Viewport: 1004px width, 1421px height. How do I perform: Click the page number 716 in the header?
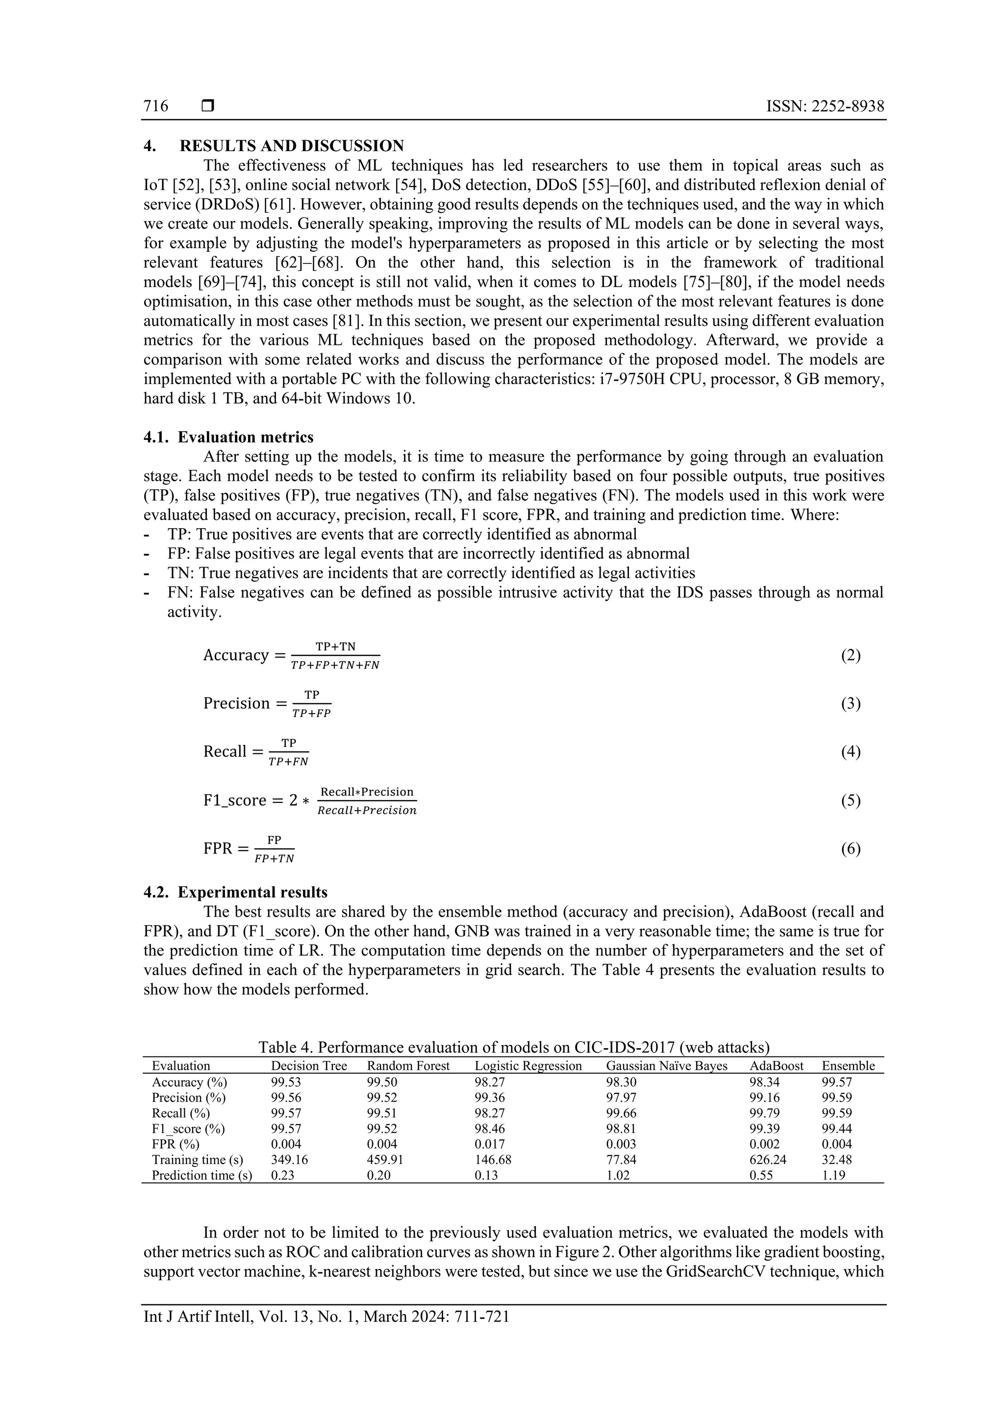pyautogui.click(x=155, y=106)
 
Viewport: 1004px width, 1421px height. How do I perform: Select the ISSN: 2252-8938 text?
pyautogui.click(x=825, y=106)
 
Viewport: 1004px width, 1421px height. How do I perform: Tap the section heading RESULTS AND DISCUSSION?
pyautogui.click(x=291, y=146)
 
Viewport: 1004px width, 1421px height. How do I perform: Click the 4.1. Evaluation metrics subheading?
pyautogui.click(x=228, y=438)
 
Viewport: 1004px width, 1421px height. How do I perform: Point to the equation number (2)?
pyautogui.click(x=851, y=655)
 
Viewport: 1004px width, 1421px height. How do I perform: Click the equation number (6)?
pyautogui.click(x=851, y=849)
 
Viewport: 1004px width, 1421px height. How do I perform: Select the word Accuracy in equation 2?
pyautogui.click(x=236, y=655)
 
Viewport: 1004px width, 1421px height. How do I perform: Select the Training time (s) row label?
pyautogui.click(x=198, y=1160)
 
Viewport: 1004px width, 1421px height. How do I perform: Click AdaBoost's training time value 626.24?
pyautogui.click(x=767, y=1160)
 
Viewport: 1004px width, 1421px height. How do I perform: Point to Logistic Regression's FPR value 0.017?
pyautogui.click(x=489, y=1144)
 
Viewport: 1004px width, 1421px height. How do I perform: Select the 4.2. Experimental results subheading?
pyautogui.click(x=235, y=892)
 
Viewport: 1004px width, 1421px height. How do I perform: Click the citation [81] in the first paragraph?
pyautogui.click(x=346, y=321)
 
